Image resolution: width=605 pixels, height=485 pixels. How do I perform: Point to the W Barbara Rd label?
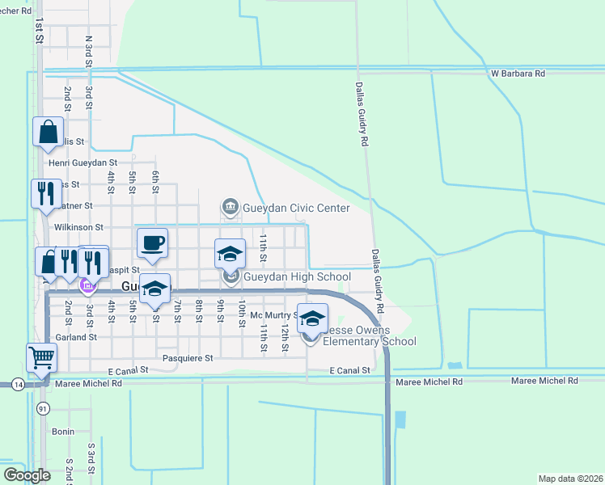point(518,74)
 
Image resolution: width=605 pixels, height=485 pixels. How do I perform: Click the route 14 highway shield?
point(17,386)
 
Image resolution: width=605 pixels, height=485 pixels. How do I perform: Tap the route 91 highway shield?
point(42,408)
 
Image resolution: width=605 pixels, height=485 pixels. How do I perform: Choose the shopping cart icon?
point(41,356)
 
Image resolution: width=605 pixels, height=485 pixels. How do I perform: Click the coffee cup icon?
point(152,242)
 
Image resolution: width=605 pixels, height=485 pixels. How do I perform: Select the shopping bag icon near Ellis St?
point(48,132)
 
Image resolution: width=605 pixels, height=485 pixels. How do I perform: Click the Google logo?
point(27,475)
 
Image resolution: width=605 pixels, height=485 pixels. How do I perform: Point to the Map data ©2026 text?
point(569,479)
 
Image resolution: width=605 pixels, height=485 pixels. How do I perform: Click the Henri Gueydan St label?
point(83,163)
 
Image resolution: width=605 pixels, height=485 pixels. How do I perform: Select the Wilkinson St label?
point(79,228)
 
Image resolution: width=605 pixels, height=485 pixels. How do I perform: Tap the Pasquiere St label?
point(188,357)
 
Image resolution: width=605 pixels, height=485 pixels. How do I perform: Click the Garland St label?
point(75,336)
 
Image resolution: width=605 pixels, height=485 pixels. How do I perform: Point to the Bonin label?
point(63,432)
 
